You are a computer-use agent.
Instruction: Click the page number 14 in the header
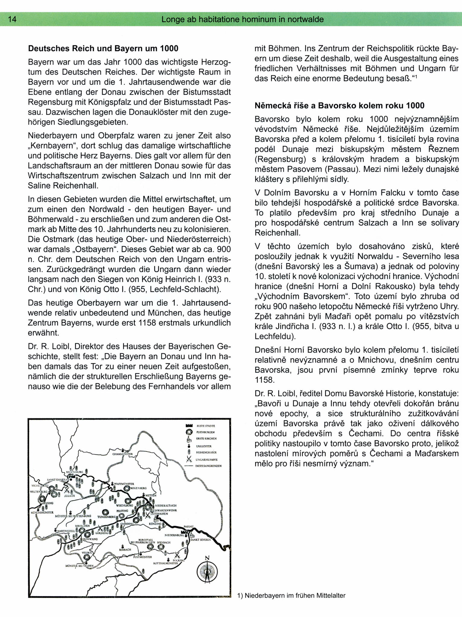pos(12,20)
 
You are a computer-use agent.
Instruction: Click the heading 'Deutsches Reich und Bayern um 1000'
pos(103,49)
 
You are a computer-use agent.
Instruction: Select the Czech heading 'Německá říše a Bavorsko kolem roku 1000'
pos(339,106)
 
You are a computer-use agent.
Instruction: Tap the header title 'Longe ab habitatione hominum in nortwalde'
pos(242,20)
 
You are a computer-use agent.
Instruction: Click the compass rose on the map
pos(207,571)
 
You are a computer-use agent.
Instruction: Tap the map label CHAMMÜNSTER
pos(122,454)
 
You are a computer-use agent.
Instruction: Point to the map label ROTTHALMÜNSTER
pos(166,563)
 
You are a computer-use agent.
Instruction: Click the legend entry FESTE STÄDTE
pos(206,426)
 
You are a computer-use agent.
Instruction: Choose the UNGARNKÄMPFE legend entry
pos(206,460)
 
